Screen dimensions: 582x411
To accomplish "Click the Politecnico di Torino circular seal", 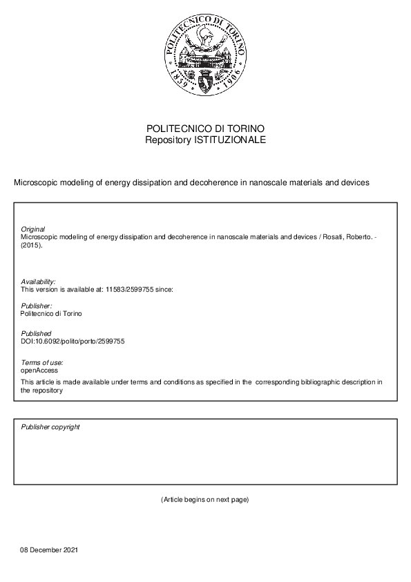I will pyautogui.click(x=205, y=57).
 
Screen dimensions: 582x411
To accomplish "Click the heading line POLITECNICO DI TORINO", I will pyautogui.click(x=205, y=129).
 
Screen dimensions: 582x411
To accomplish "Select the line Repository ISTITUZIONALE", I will pyautogui.click(x=205, y=140).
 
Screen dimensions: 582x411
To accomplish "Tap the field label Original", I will pyautogui.click(x=33, y=229).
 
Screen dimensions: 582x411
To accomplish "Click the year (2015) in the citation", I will pyautogui.click(x=32, y=244).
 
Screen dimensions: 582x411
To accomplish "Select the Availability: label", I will pyautogui.click(x=38, y=282).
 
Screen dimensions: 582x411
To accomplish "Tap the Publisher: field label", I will pyautogui.click(x=37, y=306).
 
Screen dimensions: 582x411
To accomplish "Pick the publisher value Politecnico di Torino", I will pyautogui.click(x=52, y=313).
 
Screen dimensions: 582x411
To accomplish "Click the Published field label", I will pyautogui.click(x=36, y=333).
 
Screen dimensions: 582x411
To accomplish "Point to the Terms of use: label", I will pyautogui.click(x=42, y=363).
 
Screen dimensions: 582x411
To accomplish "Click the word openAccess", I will pyautogui.click(x=39, y=370).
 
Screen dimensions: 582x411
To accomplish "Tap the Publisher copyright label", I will pyautogui.click(x=50, y=427).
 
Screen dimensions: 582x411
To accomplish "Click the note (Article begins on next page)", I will pyautogui.click(x=204, y=499).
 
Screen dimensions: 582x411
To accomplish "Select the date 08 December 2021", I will pyautogui.click(x=49, y=550).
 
